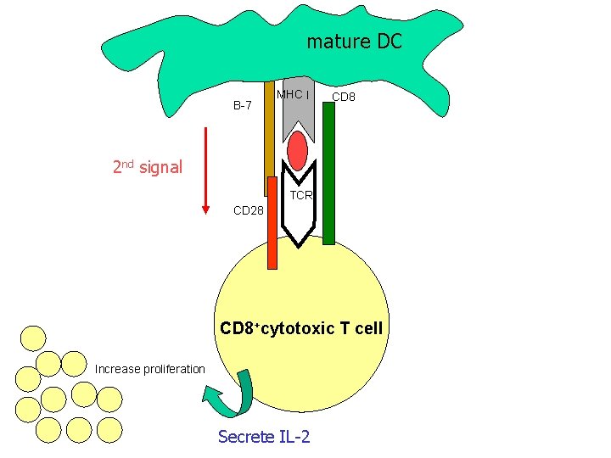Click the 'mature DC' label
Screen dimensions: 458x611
[x=354, y=41]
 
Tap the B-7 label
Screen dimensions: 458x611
[x=243, y=106]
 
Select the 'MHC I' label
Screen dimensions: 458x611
[x=294, y=94]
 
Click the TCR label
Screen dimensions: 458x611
[x=301, y=195]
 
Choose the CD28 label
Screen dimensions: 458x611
[x=248, y=210]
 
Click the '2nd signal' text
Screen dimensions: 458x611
[x=147, y=166]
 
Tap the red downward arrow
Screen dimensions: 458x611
[x=205, y=170]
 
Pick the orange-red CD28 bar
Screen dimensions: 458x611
[x=272, y=222]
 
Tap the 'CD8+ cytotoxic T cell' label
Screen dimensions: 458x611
[x=301, y=328]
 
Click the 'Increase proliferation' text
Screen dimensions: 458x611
[x=150, y=369]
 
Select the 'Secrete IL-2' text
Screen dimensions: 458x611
[x=264, y=436]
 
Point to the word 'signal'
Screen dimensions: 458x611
[x=160, y=167]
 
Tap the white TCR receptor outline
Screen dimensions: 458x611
[x=299, y=219]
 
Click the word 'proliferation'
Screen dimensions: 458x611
[x=174, y=369]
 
